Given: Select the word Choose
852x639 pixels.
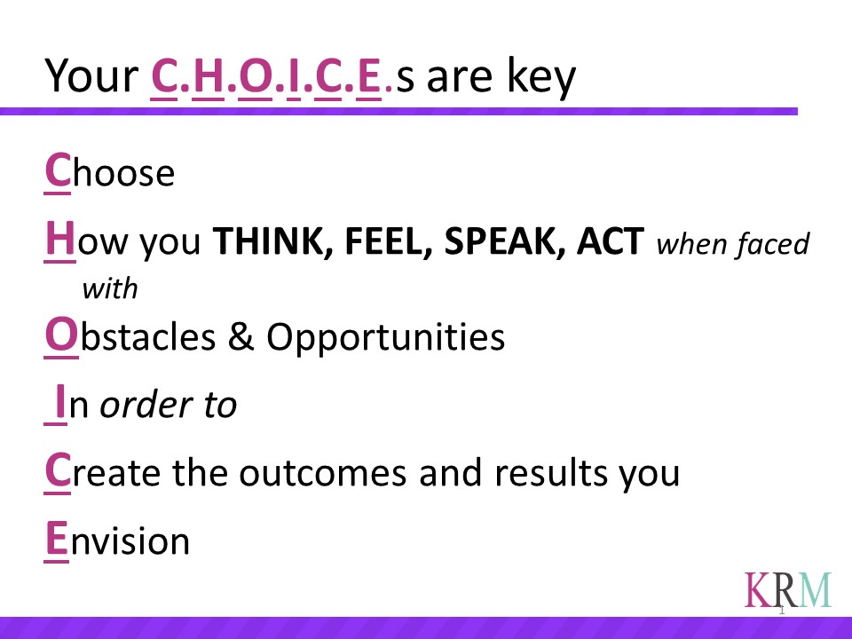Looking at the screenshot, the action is click(x=109, y=171).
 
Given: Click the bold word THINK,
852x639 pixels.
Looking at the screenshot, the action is click(x=272, y=241).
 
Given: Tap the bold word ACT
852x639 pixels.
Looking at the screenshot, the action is click(x=611, y=241).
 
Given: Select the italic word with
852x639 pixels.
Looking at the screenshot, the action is click(x=110, y=288).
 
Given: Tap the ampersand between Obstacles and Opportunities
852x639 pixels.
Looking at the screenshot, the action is click(x=241, y=335).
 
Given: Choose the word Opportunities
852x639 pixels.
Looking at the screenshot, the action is click(x=385, y=337).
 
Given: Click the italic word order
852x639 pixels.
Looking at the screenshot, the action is click(x=146, y=405).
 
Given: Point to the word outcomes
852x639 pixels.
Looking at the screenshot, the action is click(x=323, y=472).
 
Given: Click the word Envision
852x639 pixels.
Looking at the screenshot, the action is click(x=117, y=540).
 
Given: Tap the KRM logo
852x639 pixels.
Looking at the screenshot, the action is click(x=788, y=590).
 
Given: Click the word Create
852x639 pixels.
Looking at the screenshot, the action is click(x=102, y=471).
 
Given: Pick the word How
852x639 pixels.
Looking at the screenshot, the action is click(x=86, y=241).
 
